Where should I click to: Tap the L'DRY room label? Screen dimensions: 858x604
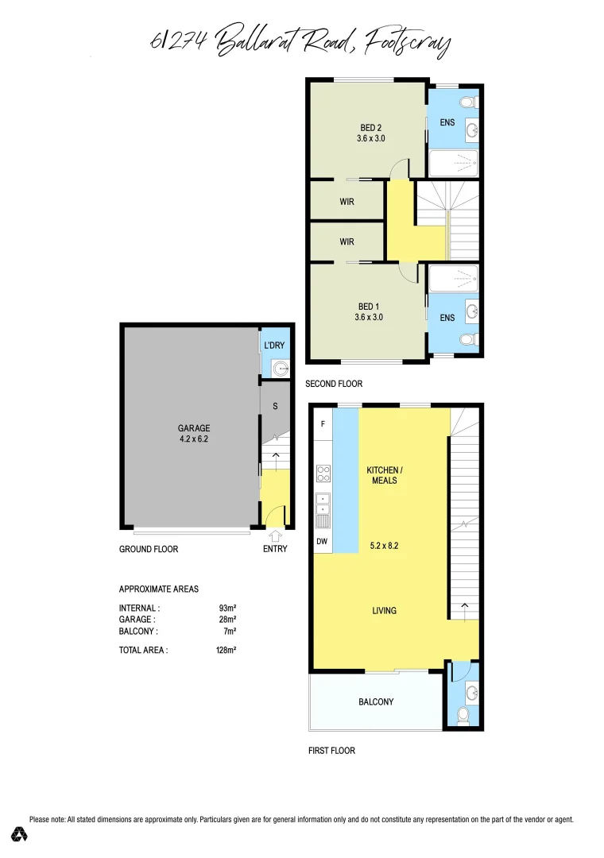(274, 346)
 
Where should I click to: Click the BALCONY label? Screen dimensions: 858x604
(376, 701)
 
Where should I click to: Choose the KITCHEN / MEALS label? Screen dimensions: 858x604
(382, 475)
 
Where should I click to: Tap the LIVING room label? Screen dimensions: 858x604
(384, 611)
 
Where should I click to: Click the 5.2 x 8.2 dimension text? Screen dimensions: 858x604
(384, 546)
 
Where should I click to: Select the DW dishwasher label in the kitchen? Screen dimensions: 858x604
(322, 542)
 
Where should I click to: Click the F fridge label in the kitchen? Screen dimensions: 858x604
(323, 424)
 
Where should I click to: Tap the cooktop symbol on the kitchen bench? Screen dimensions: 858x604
(323, 473)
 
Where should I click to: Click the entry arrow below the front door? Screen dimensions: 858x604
(275, 536)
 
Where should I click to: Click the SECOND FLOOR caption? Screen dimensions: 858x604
(334, 384)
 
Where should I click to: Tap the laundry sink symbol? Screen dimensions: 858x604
(279, 367)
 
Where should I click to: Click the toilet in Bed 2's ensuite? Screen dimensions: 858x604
(469, 102)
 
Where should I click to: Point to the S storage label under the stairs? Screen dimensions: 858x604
(275, 407)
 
